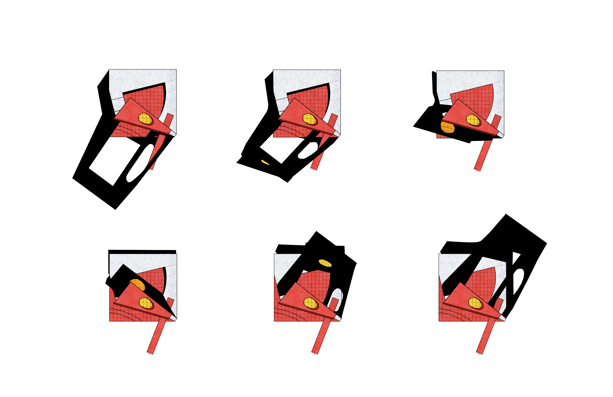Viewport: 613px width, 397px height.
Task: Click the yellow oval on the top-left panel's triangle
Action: (145, 119)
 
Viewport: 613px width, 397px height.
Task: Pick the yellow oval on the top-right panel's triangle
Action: (473, 120)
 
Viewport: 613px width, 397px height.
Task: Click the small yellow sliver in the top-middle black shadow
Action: (265, 162)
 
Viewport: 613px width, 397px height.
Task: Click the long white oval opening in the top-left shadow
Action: (140, 163)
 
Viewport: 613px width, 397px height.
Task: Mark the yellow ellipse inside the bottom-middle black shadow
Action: (325, 263)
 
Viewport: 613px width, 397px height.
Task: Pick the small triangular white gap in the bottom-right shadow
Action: (516, 258)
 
